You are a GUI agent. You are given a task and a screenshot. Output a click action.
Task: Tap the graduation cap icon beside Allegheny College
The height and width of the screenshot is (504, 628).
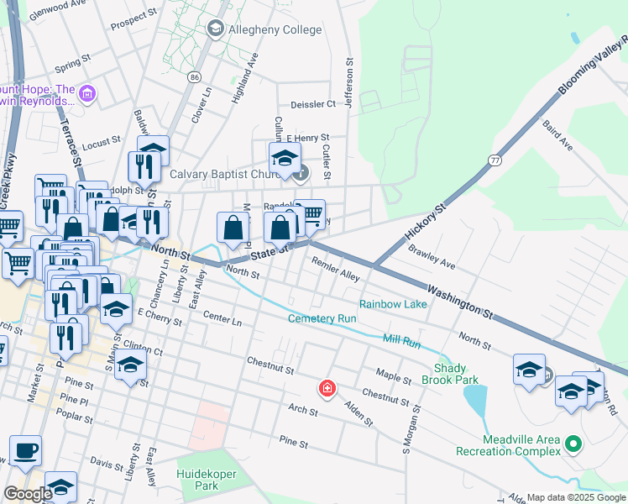(x=214, y=29)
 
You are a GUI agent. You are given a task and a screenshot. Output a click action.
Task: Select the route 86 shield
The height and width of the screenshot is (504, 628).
(x=195, y=77)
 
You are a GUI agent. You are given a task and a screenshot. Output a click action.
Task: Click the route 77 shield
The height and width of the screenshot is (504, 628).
(x=495, y=159)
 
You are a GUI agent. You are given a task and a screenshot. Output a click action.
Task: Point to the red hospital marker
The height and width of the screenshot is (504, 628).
(x=326, y=388)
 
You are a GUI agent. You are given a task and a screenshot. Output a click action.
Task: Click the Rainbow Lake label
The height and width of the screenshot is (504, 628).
(x=393, y=303)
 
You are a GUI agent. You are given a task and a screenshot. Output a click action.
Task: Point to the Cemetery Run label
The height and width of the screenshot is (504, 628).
(x=322, y=318)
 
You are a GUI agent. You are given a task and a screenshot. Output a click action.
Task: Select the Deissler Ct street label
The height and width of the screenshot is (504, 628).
(x=312, y=104)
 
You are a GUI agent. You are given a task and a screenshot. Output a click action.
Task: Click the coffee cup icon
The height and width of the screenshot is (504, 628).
(x=25, y=449)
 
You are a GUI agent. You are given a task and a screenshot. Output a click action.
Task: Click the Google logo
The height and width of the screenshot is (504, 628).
(x=28, y=494)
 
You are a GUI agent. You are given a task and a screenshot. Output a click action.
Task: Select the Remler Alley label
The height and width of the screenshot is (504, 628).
(x=336, y=269)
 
